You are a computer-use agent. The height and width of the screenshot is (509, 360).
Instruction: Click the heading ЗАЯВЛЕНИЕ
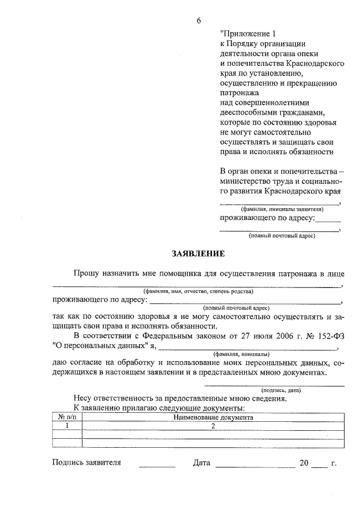pyautogui.click(x=199, y=254)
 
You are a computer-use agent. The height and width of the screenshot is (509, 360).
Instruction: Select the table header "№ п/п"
pyautogui.click(x=66, y=418)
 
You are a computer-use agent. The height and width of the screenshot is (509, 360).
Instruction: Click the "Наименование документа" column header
pyautogui.click(x=213, y=418)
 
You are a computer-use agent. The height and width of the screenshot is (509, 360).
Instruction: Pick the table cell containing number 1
pyautogui.click(x=66, y=426)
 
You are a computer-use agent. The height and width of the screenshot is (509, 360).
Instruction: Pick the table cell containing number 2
pyautogui.click(x=213, y=426)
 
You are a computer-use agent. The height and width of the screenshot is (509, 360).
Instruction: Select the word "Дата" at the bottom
pyautogui.click(x=201, y=463)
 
